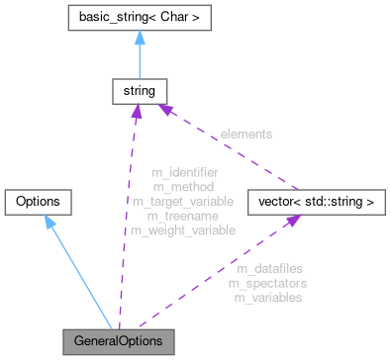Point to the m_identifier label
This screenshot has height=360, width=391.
tap(184, 172)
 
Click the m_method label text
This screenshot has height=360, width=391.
tap(184, 186)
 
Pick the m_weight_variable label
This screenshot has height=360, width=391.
tap(184, 229)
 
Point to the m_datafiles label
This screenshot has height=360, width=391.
tap(269, 268)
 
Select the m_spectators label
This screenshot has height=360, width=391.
tap(267, 283)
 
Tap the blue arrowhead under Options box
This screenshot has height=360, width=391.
tap(49, 222)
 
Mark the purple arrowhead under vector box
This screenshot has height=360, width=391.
tap(293, 222)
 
